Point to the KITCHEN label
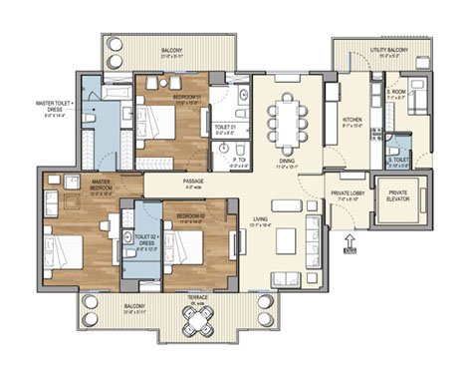point(353,122)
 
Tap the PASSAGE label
point(193,181)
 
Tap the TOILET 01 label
point(223,129)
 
